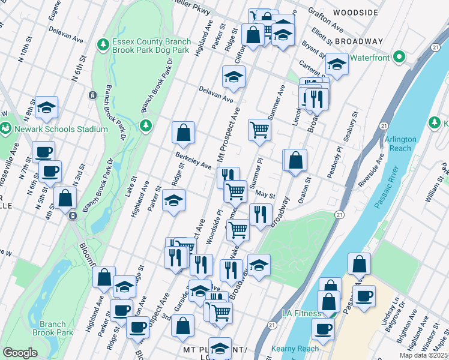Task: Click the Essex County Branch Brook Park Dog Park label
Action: pyautogui.click(x=151, y=47)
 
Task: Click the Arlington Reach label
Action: pyautogui.click(x=400, y=143)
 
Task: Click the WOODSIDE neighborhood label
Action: pyautogui.click(x=355, y=13)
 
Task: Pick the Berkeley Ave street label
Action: pyautogui.click(x=193, y=160)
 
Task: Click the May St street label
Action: pyautogui.click(x=265, y=195)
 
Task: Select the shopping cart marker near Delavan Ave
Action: pyautogui.click(x=259, y=129)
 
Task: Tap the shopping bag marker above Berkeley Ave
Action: pyautogui.click(x=183, y=133)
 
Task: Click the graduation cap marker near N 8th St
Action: pyautogui.click(x=46, y=107)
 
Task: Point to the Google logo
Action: pyautogui.click(x=20, y=353)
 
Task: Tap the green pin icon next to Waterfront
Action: pyautogui.click(x=400, y=58)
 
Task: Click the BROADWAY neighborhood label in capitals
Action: pyautogui.click(x=358, y=41)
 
